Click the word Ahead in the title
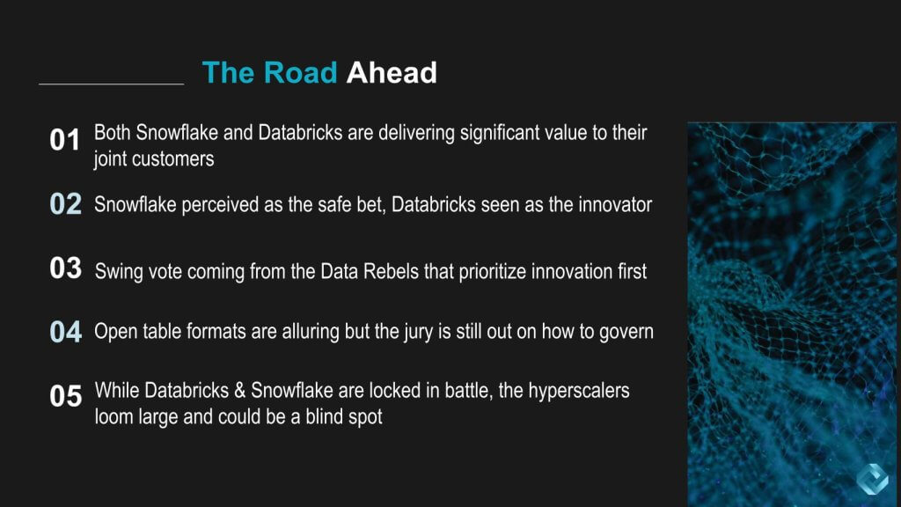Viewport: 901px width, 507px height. point(392,73)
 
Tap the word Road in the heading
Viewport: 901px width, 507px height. point(300,73)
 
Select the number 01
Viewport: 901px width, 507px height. point(64,140)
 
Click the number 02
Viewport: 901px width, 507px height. point(65,204)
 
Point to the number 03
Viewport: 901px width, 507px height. point(65,268)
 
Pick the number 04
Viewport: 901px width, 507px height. point(65,332)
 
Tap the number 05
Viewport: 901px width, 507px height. point(65,396)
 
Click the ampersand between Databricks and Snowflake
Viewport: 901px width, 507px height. point(239,391)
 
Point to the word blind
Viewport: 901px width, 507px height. point(323,416)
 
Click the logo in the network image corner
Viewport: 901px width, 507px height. point(872,479)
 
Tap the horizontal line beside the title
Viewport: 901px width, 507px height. point(112,84)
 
